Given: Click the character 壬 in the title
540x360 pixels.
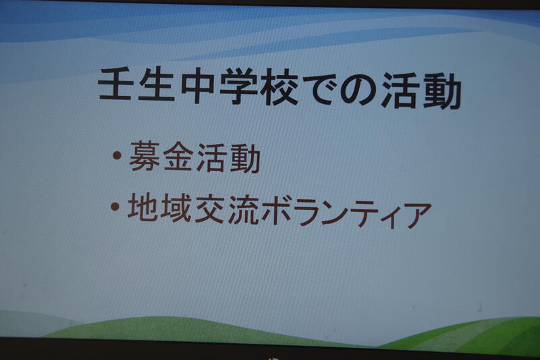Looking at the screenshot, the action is click(115, 84).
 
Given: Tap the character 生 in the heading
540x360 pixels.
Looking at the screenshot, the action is click(156, 85).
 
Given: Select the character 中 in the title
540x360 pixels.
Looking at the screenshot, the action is click(197, 86).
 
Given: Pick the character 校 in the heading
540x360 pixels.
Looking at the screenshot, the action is click(279, 88).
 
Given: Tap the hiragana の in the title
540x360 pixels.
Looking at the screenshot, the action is click(358, 91).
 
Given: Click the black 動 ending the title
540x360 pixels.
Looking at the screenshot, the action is click(441, 93).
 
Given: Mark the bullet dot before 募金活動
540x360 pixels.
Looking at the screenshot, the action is click(117, 155).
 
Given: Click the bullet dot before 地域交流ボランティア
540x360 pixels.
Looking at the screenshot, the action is click(115, 207).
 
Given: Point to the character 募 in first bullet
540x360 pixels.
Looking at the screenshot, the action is click(144, 157).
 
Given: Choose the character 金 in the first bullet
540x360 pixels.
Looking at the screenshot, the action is click(178, 157).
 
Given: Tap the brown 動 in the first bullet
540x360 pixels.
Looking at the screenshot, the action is click(244, 159).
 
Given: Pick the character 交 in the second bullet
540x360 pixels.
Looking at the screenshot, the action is click(210, 209).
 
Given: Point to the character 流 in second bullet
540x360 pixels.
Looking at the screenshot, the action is click(243, 210).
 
